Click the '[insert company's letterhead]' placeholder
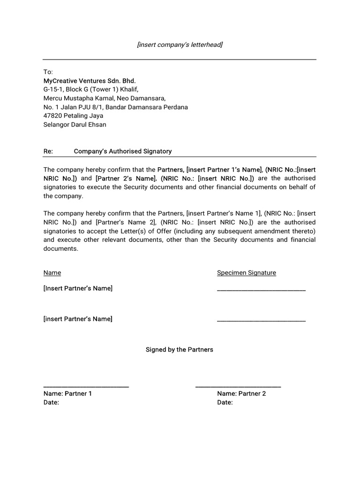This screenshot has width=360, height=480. click(180, 45)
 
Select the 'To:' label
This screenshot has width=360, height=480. click(48, 72)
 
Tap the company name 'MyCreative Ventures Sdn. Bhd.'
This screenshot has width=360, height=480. click(90, 81)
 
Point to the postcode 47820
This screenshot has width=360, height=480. click(52, 116)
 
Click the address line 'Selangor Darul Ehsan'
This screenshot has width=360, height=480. click(75, 125)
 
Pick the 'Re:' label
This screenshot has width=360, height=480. click(47, 151)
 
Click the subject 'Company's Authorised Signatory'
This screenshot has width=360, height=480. click(123, 151)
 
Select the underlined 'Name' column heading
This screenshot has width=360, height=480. click(52, 273)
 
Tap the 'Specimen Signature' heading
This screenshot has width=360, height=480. click(247, 273)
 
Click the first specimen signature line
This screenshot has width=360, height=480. click(261, 291)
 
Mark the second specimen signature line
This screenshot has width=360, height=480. click(261, 321)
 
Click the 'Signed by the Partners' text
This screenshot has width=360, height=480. click(180, 350)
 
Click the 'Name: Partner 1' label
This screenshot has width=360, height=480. click(68, 394)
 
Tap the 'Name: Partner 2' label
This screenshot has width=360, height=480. click(241, 394)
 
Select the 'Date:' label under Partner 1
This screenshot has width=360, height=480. click(51, 403)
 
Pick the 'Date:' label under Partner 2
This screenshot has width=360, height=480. click(225, 403)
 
